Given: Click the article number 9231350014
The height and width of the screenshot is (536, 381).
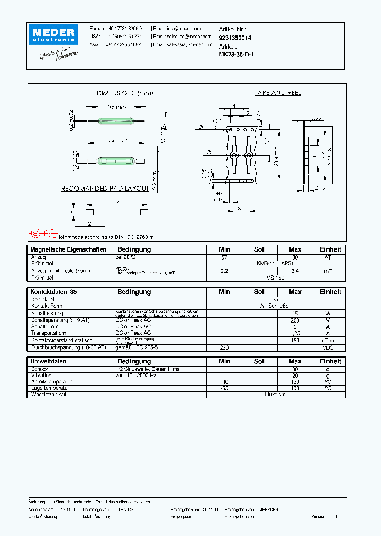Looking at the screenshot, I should pos(235,38).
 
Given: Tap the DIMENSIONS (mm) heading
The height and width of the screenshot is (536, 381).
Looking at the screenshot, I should pos(125,93).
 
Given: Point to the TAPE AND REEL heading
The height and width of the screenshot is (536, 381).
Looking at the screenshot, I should pos(277,93).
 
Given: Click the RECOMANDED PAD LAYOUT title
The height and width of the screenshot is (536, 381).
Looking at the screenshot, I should pos(105,189).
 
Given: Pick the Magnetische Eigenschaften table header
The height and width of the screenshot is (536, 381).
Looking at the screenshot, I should pos(68,249).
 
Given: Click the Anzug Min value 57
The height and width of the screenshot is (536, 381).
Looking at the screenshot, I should pos(224,257).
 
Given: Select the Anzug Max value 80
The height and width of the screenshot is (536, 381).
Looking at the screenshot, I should pos(295,257).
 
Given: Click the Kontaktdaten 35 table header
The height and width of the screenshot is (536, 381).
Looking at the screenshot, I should pos(53,292).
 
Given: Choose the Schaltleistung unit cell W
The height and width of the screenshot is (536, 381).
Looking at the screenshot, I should pos(328,313).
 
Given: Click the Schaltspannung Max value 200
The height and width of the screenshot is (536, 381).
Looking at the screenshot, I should pos(295,320).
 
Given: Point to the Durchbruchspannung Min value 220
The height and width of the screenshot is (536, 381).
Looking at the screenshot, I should pos(224,347).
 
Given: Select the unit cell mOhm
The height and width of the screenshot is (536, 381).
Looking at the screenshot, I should pos(328,340).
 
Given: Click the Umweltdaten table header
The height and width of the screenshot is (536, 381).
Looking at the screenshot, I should pos(48,361).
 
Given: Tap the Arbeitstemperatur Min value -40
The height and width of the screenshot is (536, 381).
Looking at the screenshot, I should pos(224,382).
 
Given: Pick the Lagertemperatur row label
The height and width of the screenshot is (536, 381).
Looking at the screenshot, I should pos(51,388).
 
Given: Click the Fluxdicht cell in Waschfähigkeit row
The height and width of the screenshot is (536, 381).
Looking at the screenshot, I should pos(275,395).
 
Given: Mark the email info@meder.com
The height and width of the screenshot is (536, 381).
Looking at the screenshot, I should pos(184,29).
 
